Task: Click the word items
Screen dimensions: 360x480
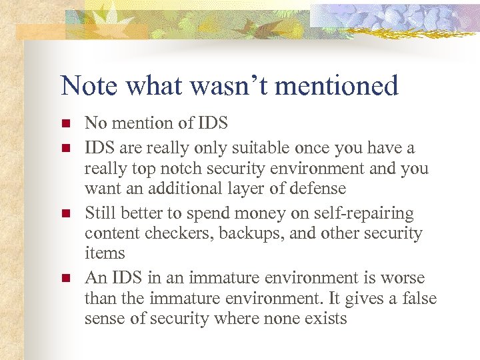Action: pyautogui.click(x=105, y=253)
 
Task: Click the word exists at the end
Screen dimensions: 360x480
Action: pyautogui.click(x=324, y=318)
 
